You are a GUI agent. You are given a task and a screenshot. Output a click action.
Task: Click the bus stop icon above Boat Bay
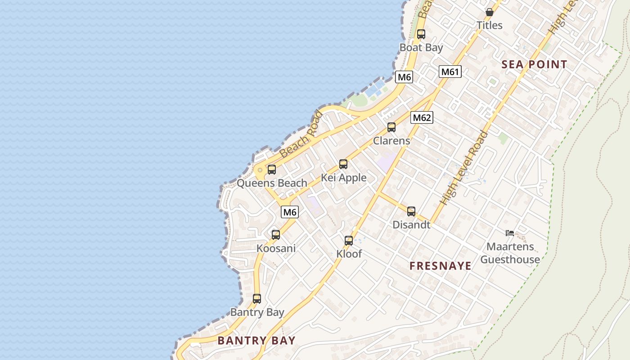click(x=421, y=34)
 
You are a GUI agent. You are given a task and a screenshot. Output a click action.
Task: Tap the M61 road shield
click(x=450, y=72)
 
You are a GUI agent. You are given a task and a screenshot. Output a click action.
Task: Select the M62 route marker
click(x=422, y=118)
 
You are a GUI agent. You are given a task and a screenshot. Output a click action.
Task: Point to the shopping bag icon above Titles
click(x=490, y=12)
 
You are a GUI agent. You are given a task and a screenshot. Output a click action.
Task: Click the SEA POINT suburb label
click(x=534, y=64)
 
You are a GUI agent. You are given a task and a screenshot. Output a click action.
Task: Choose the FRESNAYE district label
click(x=441, y=266)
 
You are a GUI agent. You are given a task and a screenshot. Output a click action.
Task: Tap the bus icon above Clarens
click(x=391, y=127)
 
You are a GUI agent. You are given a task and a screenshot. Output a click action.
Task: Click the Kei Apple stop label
click(x=344, y=178)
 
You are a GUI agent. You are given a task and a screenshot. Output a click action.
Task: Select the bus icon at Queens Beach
click(x=272, y=170)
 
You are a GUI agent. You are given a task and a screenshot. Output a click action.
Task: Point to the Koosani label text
click(x=276, y=248)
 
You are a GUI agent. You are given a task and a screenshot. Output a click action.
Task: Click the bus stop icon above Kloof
click(x=349, y=241)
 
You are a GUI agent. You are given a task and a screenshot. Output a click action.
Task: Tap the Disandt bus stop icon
click(x=411, y=211)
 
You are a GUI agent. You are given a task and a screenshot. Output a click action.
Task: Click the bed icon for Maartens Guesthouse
click(x=510, y=233)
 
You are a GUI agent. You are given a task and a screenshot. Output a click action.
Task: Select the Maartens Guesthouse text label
click(x=510, y=253)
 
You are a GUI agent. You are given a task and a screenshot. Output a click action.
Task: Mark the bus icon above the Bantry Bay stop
click(x=257, y=298)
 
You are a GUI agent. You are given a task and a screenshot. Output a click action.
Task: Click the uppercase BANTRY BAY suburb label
click(x=256, y=341)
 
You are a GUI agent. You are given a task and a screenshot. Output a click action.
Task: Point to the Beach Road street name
click(x=301, y=135)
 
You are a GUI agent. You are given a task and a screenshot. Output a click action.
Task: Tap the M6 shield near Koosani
click(x=290, y=212)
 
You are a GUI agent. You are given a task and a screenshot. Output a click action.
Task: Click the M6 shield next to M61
click(x=404, y=77)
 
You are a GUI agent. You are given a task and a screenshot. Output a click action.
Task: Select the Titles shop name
click(x=490, y=25)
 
